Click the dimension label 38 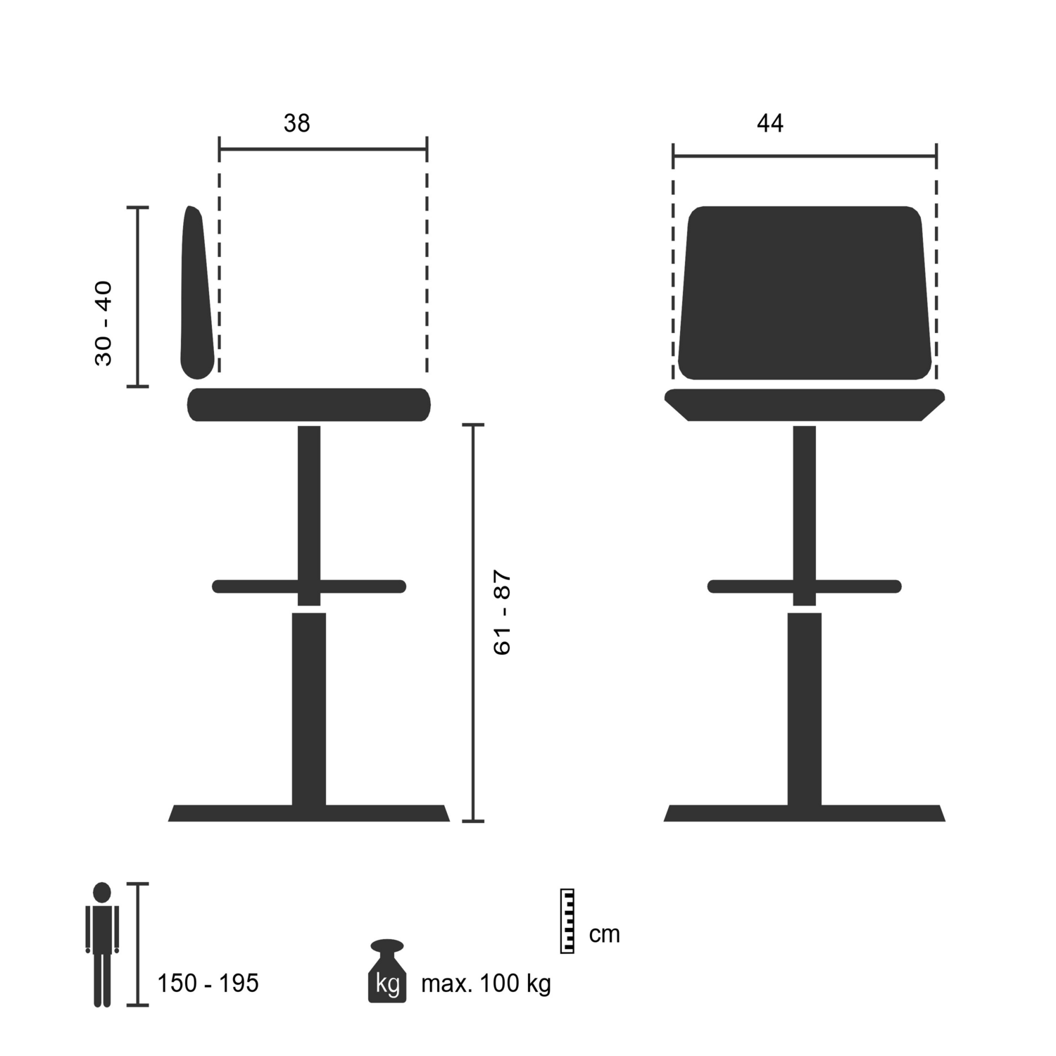[x=296, y=123]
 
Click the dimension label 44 [x=769, y=123]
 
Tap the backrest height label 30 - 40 [x=103, y=323]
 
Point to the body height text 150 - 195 [x=208, y=983]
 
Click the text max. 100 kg [x=486, y=983]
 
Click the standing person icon [x=102, y=943]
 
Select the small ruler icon [x=567, y=921]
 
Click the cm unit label [x=604, y=934]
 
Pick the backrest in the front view [x=805, y=292]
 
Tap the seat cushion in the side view [x=308, y=405]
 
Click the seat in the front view [x=805, y=405]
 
